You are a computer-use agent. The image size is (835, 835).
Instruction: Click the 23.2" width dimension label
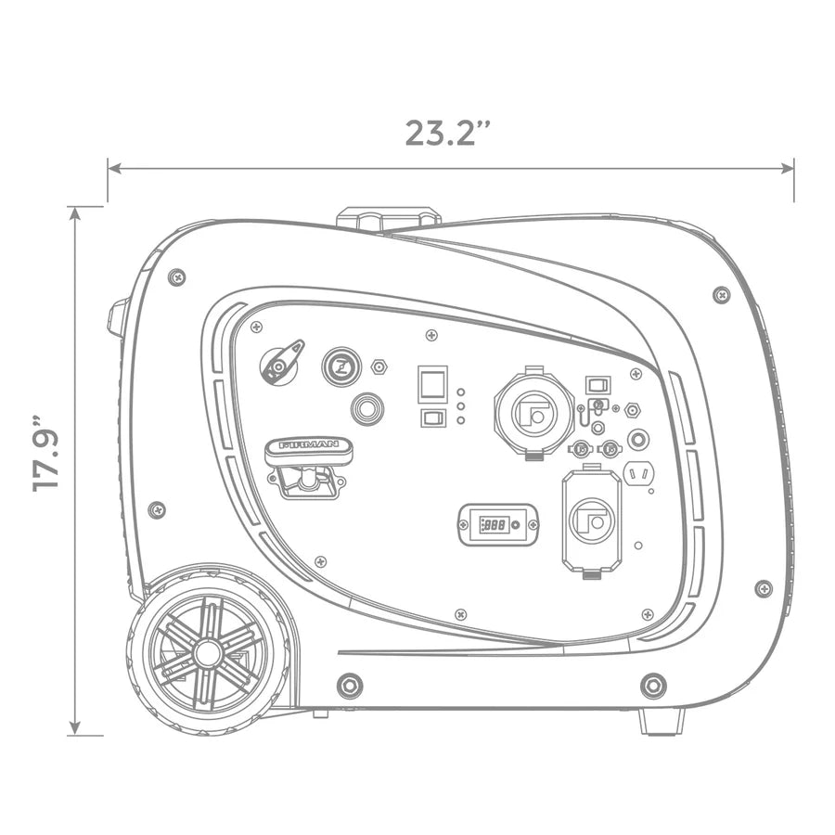pyautogui.click(x=447, y=133)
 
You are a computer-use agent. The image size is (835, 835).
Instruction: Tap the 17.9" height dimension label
pyautogui.click(x=45, y=453)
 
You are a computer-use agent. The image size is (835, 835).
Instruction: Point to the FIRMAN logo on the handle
pyautogui.click(x=308, y=444)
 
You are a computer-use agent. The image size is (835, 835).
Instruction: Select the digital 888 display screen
pyautogui.click(x=494, y=525)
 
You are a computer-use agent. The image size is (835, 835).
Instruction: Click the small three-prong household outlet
pyautogui.click(x=639, y=473)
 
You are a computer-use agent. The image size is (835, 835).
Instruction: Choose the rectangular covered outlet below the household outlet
pyautogui.click(x=592, y=520)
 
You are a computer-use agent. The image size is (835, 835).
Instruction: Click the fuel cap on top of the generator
pyautogui.click(x=389, y=218)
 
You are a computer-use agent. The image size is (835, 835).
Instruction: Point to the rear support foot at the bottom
pyautogui.click(x=662, y=722)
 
